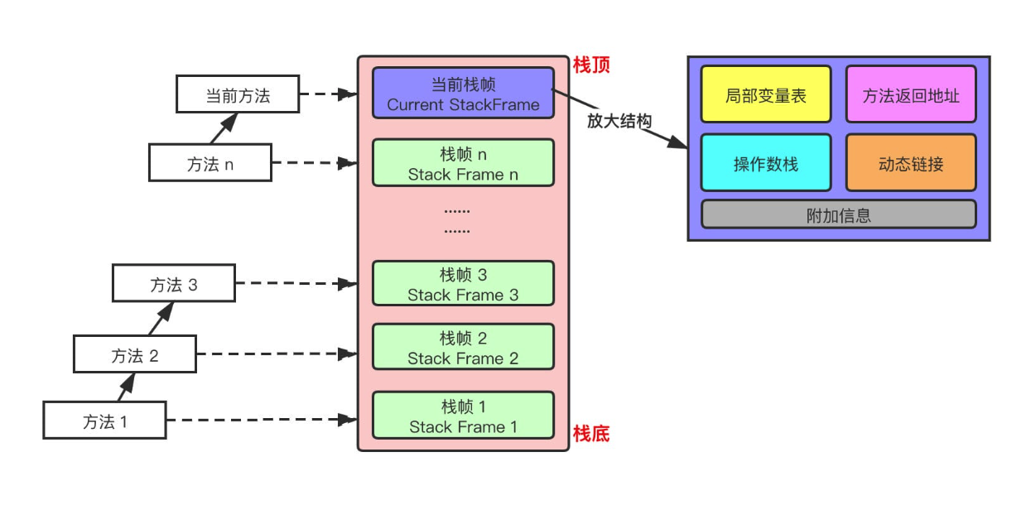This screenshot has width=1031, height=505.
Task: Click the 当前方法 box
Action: (237, 94)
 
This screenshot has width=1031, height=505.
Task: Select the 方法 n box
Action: (210, 162)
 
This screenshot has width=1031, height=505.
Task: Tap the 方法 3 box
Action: (174, 283)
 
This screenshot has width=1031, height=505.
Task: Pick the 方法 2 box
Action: (135, 354)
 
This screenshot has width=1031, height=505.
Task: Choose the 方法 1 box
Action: (104, 420)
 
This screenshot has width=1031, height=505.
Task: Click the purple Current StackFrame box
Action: (462, 94)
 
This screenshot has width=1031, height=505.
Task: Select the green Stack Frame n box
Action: (462, 163)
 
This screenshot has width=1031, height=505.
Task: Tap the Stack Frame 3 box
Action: (462, 283)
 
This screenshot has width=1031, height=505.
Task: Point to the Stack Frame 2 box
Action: (462, 347)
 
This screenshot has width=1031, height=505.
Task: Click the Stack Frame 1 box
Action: (462, 416)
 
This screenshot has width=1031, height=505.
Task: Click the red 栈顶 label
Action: (591, 65)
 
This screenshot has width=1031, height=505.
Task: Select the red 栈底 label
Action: (591, 433)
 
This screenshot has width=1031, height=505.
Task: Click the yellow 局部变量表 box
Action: (765, 95)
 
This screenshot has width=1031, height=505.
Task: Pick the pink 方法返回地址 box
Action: (910, 95)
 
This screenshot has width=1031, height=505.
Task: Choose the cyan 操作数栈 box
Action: (765, 163)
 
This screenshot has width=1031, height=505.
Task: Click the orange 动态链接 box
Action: (910, 163)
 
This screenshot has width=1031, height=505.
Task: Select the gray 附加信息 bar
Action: (838, 214)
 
